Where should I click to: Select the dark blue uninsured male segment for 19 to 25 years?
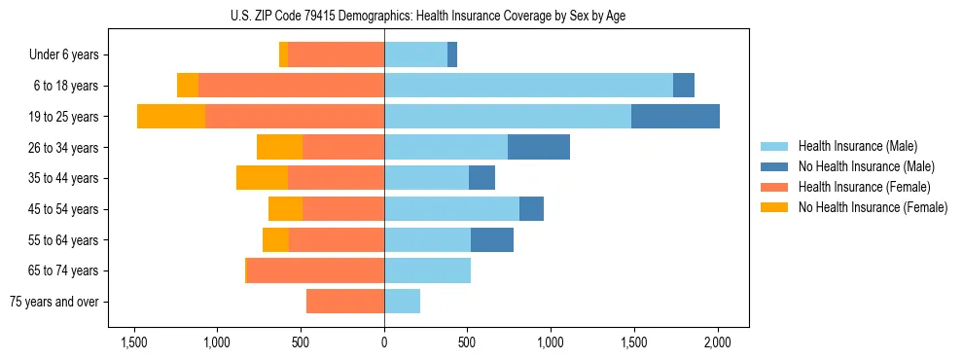675,117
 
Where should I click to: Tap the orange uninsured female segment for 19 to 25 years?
171,117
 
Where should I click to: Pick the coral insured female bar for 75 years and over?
345,302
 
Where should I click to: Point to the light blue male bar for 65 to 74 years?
427,270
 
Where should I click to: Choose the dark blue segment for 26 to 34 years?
538,147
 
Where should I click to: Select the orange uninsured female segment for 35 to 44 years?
262,178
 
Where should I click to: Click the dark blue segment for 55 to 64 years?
491,239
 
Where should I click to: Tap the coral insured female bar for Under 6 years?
336,54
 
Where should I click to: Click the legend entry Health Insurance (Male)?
858,146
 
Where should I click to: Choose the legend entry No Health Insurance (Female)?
872,207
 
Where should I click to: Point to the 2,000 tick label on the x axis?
718,342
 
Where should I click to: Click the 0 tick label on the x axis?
384,342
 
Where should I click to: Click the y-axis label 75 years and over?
54,302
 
